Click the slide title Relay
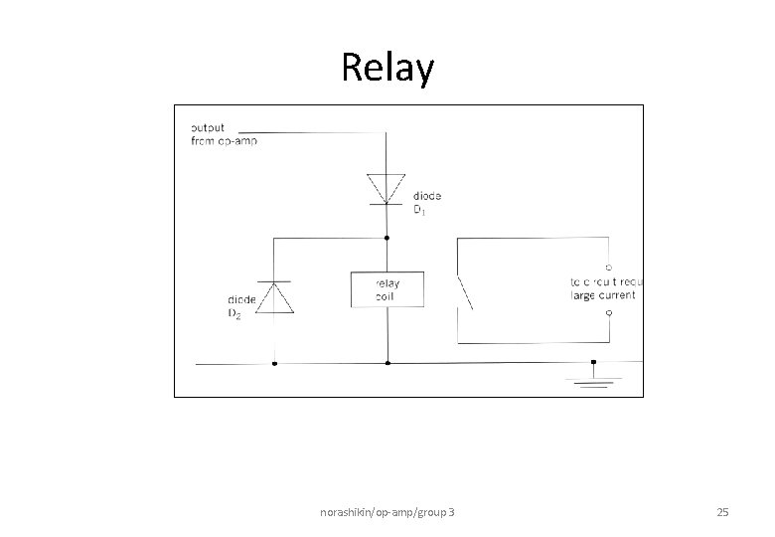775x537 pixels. click(387, 69)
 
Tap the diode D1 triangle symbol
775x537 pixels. click(387, 188)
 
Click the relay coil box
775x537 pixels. click(387, 289)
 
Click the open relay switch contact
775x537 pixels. click(463, 290)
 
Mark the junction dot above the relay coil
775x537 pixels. click(387, 239)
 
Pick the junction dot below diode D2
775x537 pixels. click(273, 363)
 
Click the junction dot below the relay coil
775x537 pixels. click(387, 363)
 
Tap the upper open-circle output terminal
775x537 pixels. click(608, 267)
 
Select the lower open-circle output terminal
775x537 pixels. click(608, 312)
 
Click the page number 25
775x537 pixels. click(722, 512)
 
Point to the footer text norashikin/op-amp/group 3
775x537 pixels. click(388, 512)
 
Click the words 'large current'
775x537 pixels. click(603, 295)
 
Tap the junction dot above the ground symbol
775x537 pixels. click(593, 362)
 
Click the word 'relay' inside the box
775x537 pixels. click(387, 282)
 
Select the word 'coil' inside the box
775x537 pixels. click(387, 295)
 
